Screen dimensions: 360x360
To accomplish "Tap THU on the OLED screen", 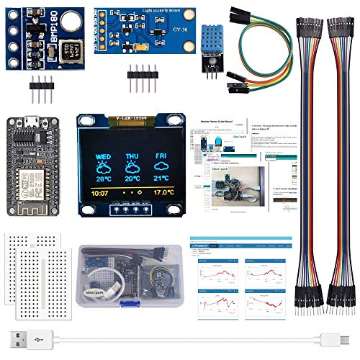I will click(132, 154).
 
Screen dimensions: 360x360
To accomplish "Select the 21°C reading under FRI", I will click(163, 178).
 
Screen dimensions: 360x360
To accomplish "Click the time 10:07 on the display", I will click(101, 193).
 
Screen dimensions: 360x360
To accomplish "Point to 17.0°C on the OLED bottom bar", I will click(163, 193).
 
